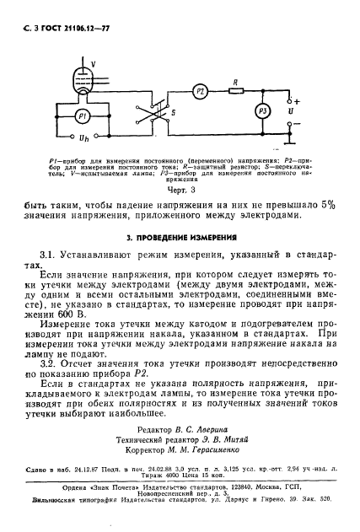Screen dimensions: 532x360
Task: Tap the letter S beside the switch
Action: click(172, 110)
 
